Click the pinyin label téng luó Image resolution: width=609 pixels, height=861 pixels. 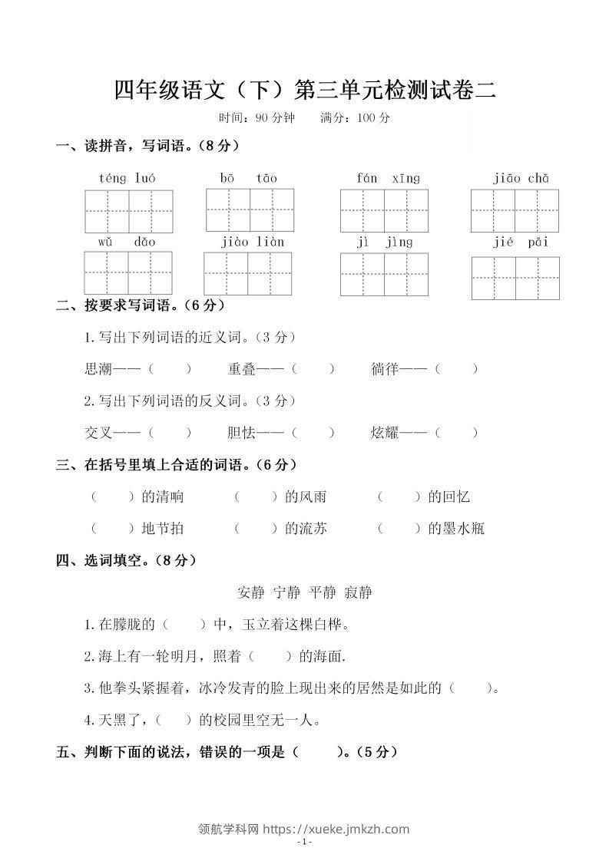coord(127,178)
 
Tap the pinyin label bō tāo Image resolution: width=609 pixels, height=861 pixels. coord(249,178)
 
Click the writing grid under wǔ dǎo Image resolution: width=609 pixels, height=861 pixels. coord(128,272)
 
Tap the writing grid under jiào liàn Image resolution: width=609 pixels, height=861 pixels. coord(248,273)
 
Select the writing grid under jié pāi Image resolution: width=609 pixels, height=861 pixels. coord(515,278)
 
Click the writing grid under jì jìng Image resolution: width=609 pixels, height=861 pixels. coord(384,273)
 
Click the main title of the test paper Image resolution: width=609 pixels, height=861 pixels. coord(305,90)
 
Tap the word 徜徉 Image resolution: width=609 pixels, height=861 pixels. coord(385,368)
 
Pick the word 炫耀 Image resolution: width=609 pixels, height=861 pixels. coord(385,433)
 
